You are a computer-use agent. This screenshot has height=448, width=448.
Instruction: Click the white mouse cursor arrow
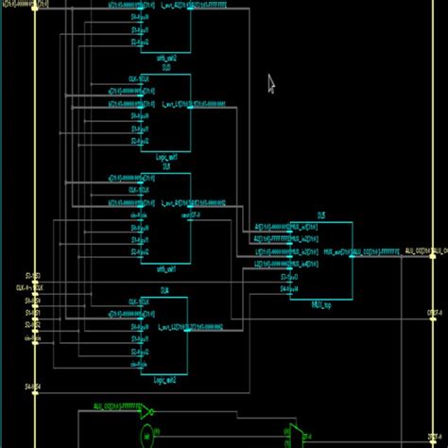click(x=270, y=84)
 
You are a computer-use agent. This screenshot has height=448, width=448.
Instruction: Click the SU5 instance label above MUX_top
click(x=321, y=216)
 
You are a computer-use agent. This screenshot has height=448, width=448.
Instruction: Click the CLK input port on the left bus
click(x=26, y=285)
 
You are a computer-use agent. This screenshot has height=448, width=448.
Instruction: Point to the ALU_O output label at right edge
click(x=416, y=251)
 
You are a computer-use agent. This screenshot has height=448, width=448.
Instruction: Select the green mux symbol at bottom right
click(x=295, y=435)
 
